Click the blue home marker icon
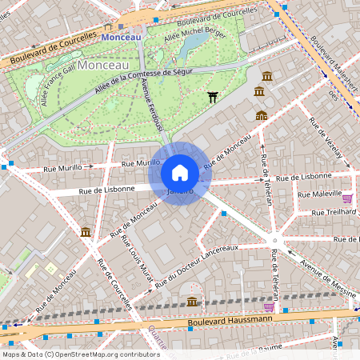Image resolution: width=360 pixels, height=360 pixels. pos(180,173)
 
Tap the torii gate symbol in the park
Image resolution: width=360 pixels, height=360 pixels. pos(213,98)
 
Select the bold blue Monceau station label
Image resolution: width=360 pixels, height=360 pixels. pos(122,37)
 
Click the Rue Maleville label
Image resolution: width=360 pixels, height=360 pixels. pos(319,194)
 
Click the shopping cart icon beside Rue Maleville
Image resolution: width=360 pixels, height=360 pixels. pos(347,198)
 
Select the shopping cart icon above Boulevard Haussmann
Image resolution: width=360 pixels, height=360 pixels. pos(269,306)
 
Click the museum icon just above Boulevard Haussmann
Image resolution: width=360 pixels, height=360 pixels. pos(192,301)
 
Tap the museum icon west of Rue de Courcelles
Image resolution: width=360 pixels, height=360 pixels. pos(85,232)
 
